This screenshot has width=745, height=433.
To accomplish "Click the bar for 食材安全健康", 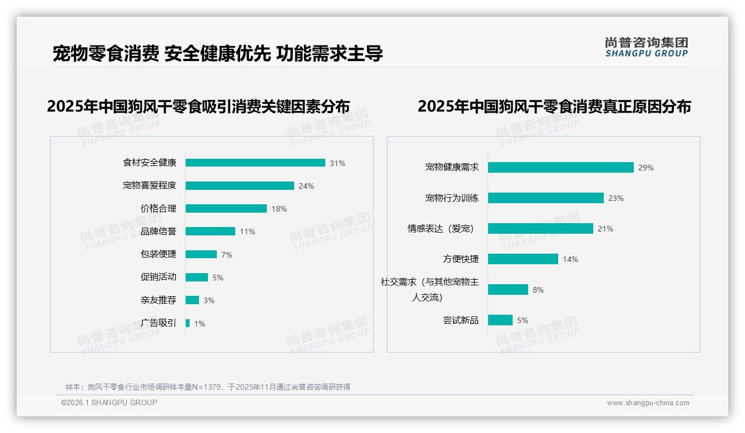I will point(255,163).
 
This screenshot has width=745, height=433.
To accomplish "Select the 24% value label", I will point(306,186).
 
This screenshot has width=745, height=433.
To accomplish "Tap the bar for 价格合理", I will point(226,209).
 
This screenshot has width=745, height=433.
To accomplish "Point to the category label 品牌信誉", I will point(158,231).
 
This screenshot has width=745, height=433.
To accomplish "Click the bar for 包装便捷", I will point(201,254).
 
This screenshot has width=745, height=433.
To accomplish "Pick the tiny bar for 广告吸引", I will point(188,323).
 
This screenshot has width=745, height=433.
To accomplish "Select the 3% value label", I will point(209,300).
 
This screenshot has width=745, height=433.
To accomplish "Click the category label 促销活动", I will point(158,277).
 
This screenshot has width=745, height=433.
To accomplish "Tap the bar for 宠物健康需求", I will point(561,167).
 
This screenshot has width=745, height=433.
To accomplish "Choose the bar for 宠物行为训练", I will point(546,198).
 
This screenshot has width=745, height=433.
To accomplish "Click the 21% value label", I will point(605,229).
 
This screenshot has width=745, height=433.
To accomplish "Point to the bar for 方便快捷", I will point(523,259).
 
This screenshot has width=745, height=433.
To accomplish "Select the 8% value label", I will point(538,290).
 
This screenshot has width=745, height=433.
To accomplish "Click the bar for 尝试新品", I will point(500,320).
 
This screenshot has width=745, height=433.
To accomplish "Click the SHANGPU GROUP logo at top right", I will point(647,47).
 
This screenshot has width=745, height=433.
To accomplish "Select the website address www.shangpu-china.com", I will point(648,403).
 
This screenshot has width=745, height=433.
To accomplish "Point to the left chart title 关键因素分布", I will point(198,107).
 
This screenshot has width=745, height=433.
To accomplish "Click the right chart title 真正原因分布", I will point(554,107).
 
